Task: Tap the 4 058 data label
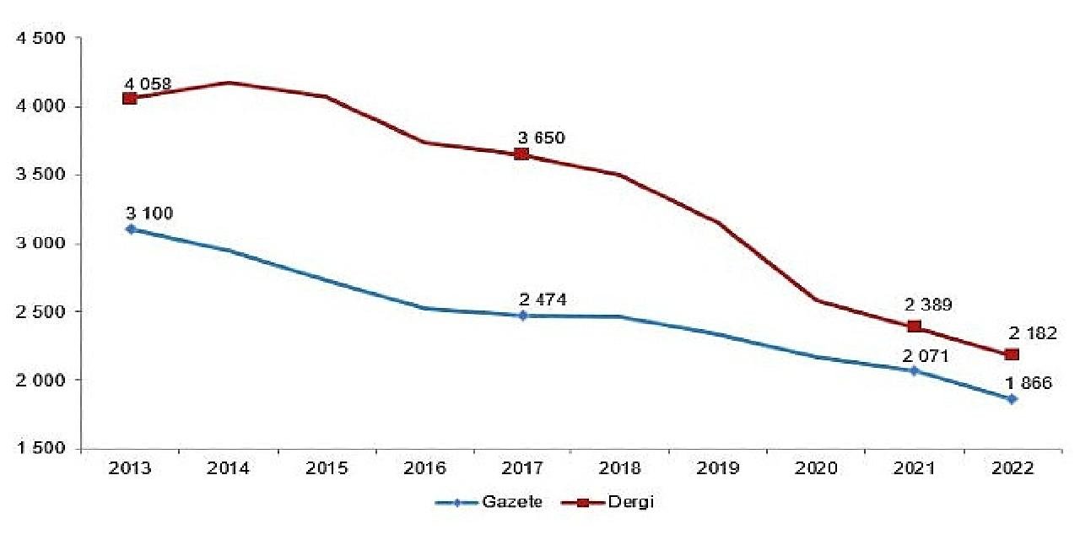(x=148, y=84)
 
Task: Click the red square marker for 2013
(x=129, y=99)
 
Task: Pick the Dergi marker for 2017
(x=521, y=154)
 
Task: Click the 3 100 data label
(x=150, y=213)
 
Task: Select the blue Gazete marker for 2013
(x=129, y=229)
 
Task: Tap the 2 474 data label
(x=543, y=300)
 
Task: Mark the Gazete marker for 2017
(x=522, y=316)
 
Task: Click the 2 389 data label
(x=934, y=305)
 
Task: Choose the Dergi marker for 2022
(x=1012, y=354)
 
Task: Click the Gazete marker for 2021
(x=914, y=370)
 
